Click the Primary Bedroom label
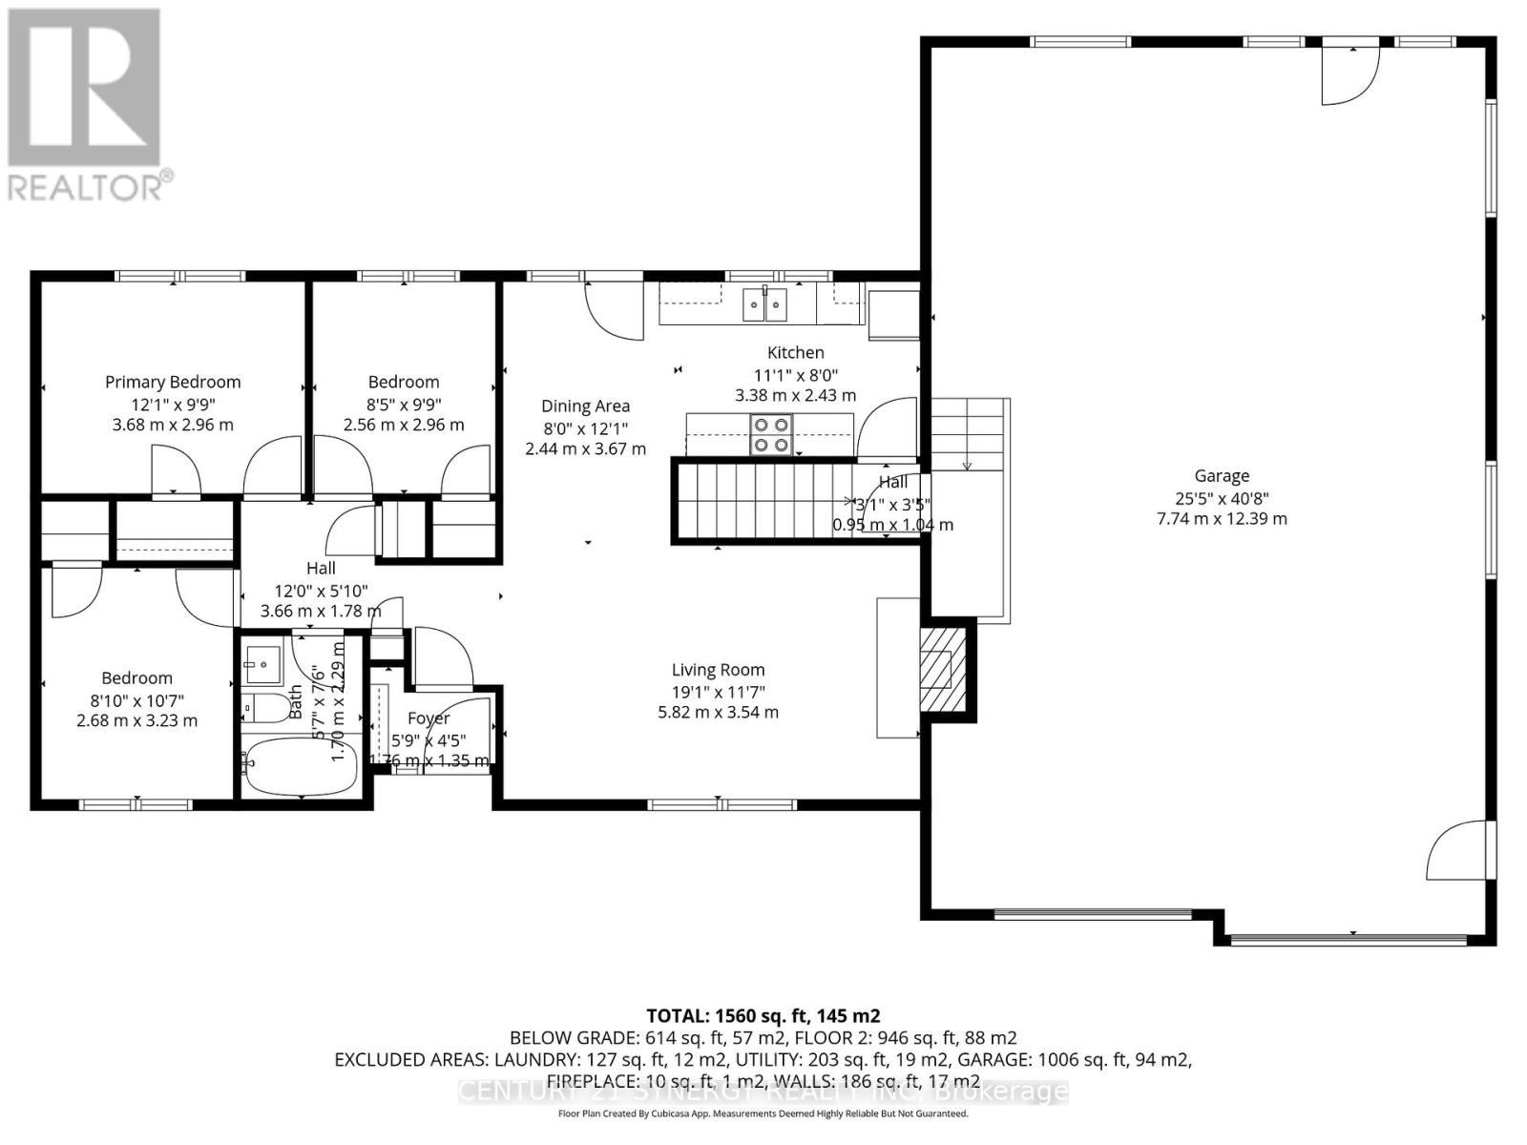pyautogui.click(x=173, y=382)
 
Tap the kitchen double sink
pyautogui.click(x=765, y=305)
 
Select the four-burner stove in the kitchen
pyautogui.click(x=770, y=434)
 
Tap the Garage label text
pyautogui.click(x=1222, y=476)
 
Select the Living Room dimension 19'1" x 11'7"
pyautogui.click(x=718, y=692)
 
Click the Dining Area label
pyautogui.click(x=585, y=406)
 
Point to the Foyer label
pyautogui.click(x=428, y=718)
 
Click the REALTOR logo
pyautogui.click(x=86, y=105)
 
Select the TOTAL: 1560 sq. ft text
pyautogui.click(x=763, y=1015)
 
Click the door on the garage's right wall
pyautogui.click(x=1458, y=851)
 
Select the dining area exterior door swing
pyautogui.click(x=613, y=310)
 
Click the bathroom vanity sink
pyautogui.click(x=261, y=660)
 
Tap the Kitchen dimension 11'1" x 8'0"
pyautogui.click(x=795, y=374)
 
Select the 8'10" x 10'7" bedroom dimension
pyautogui.click(x=136, y=699)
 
